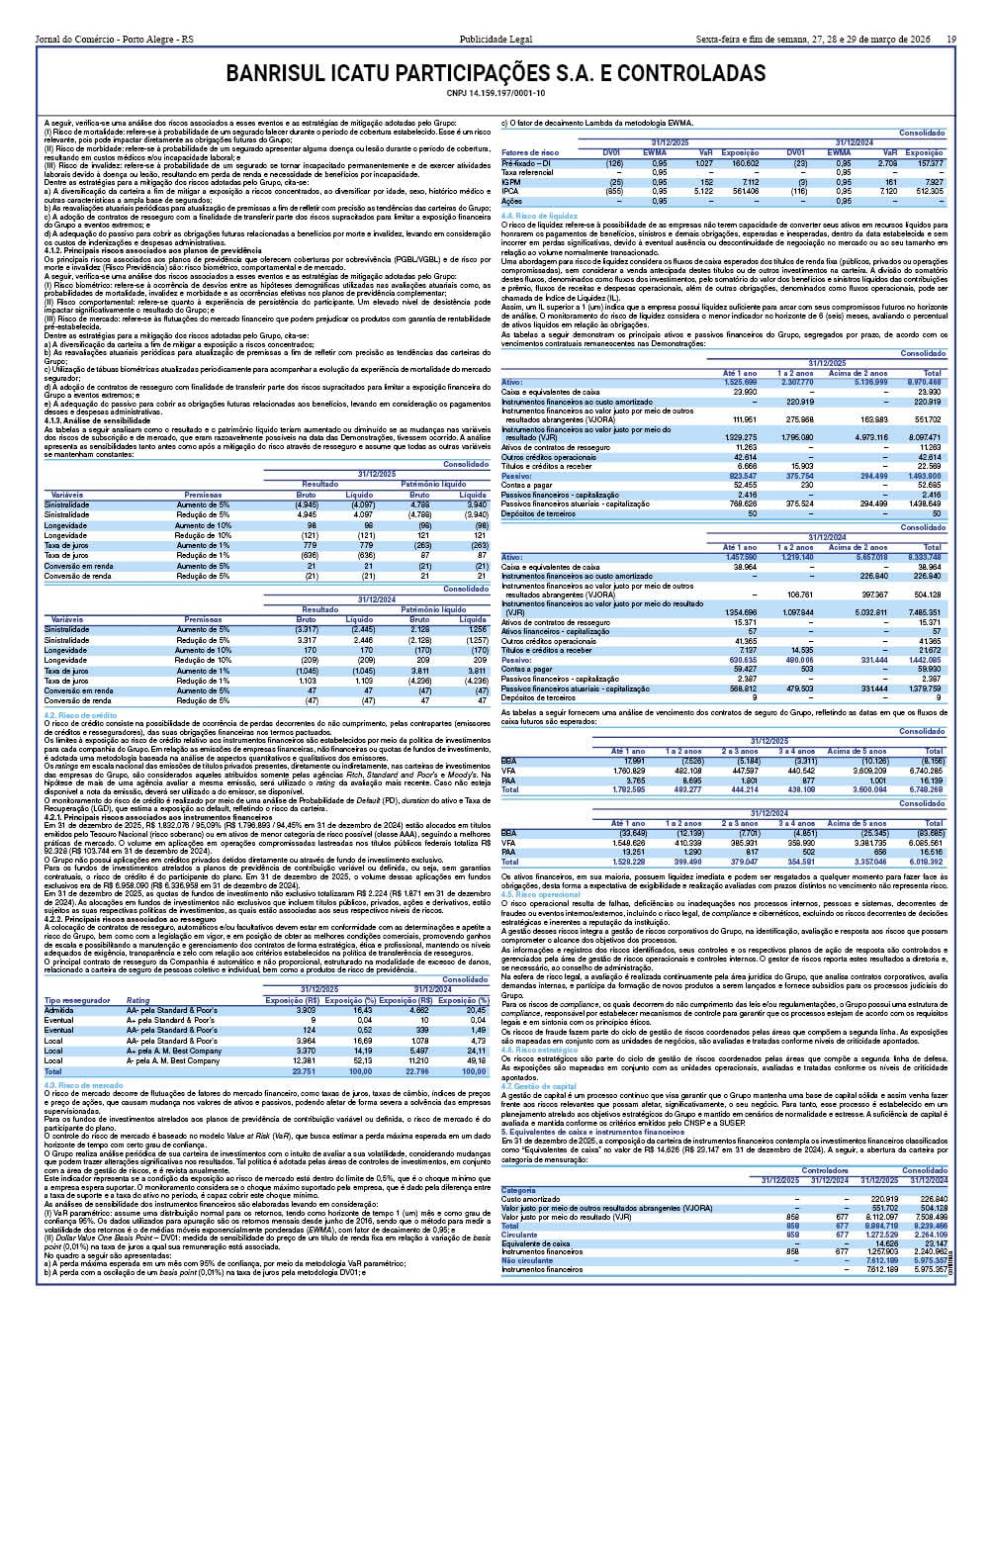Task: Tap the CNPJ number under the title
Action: point(496,94)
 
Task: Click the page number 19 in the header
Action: point(950,40)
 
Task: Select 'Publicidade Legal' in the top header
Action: point(496,40)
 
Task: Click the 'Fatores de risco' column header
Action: point(530,152)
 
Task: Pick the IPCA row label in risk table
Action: point(510,191)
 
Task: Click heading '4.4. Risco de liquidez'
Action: point(539,215)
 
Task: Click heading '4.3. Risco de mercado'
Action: point(83,1085)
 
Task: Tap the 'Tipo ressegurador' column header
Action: point(77,1000)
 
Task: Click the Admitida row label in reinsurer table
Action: point(58,1010)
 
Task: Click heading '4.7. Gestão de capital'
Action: point(539,1086)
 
